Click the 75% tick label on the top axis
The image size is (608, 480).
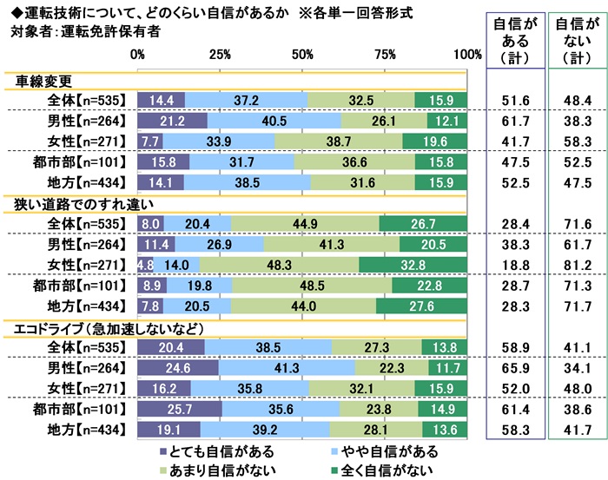[386, 55]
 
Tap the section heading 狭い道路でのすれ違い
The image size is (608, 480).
[78, 205]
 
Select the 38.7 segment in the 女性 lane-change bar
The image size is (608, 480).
[339, 141]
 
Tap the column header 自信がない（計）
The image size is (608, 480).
[578, 41]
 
